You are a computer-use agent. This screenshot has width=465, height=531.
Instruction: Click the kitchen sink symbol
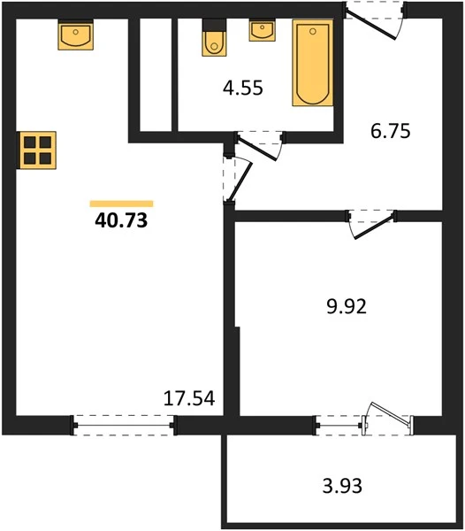(76, 35)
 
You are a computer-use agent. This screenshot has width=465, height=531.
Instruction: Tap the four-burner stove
(37, 150)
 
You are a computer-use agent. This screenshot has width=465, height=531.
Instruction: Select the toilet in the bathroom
(214, 37)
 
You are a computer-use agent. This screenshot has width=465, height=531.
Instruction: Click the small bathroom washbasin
(262, 30)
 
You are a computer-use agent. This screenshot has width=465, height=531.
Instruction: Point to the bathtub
(313, 63)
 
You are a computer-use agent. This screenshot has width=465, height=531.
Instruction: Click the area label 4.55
(243, 88)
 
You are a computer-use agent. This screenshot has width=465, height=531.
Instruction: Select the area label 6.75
(390, 131)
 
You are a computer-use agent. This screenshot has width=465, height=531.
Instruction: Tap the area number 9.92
(347, 306)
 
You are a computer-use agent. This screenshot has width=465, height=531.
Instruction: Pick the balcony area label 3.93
(342, 486)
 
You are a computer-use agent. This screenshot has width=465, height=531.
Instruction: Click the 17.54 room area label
(189, 398)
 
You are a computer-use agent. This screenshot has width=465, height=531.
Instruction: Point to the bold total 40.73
(121, 220)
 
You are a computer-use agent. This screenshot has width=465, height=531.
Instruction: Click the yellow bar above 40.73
(121, 204)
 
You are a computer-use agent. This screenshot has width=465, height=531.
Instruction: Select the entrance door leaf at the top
(370, 25)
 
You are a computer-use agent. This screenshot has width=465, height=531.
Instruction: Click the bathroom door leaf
(257, 148)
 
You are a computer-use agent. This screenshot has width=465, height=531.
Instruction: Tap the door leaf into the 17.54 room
(240, 182)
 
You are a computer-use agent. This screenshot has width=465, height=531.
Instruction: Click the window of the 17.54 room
(124, 426)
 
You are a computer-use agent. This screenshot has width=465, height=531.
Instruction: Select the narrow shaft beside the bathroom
(156, 74)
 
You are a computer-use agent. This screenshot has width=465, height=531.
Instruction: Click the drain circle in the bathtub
(313, 32)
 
